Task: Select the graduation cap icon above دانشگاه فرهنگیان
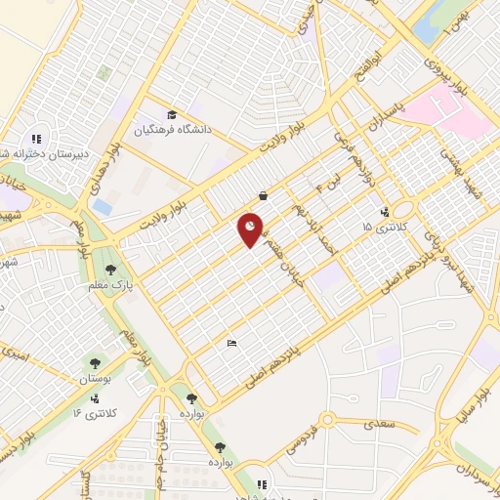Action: point(172,114)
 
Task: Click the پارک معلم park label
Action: point(114,284)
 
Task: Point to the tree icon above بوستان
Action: point(95,362)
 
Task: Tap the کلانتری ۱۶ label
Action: point(95,413)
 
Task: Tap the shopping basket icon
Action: point(264,195)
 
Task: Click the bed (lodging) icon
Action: point(230,343)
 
